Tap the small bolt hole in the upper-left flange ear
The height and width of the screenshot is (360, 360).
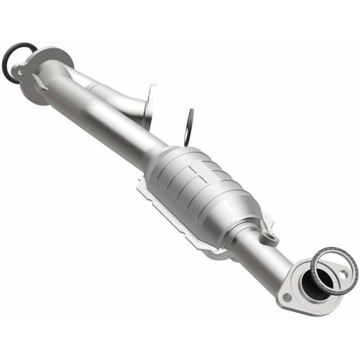coord(18,71)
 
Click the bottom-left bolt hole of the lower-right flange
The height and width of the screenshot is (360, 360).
coord(287,297)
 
